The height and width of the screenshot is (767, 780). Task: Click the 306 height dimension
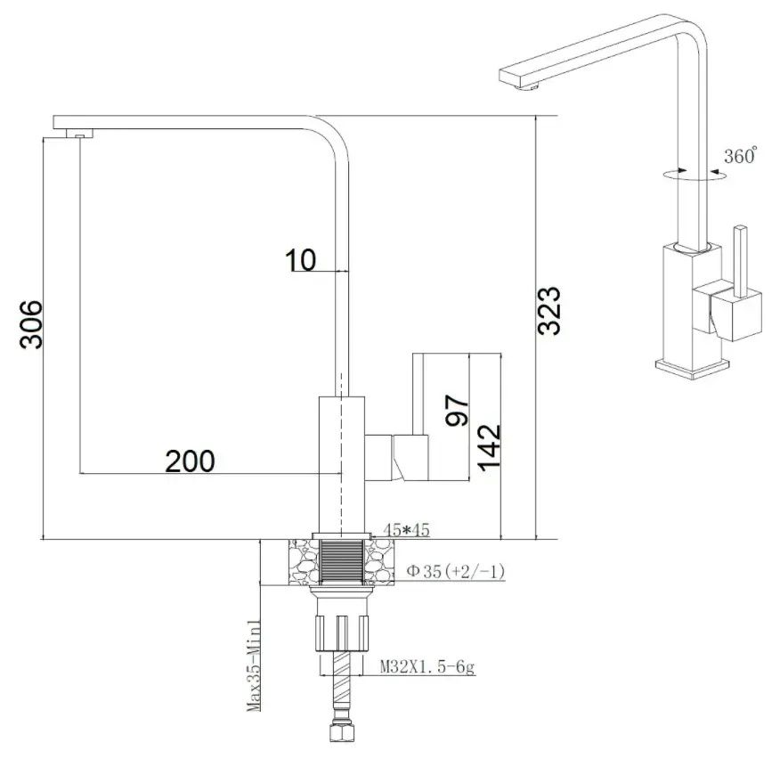(x=31, y=324)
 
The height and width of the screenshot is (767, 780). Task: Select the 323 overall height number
(x=549, y=310)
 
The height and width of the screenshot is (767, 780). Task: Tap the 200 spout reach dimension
(x=190, y=461)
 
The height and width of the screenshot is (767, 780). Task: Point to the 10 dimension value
(x=300, y=260)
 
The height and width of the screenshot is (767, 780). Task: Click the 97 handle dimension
(x=457, y=410)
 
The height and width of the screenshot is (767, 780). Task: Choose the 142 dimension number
(x=489, y=446)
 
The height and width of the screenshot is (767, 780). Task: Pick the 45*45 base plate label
(x=406, y=529)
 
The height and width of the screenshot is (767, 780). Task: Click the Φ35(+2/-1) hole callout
(x=455, y=571)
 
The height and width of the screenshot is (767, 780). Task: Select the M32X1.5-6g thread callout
(x=427, y=666)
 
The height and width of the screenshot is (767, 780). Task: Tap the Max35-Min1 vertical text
(x=254, y=665)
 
